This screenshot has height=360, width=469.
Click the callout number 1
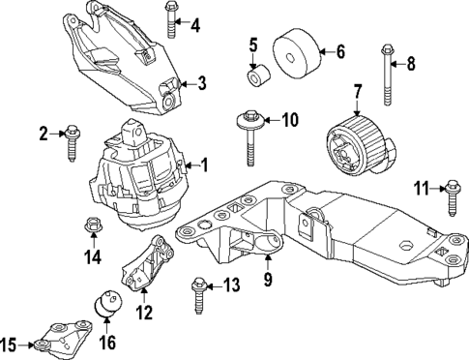coord(203,166)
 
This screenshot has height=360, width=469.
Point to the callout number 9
coord(268,281)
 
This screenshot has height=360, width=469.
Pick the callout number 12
coord(143,312)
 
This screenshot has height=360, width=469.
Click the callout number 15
coord(9,344)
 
